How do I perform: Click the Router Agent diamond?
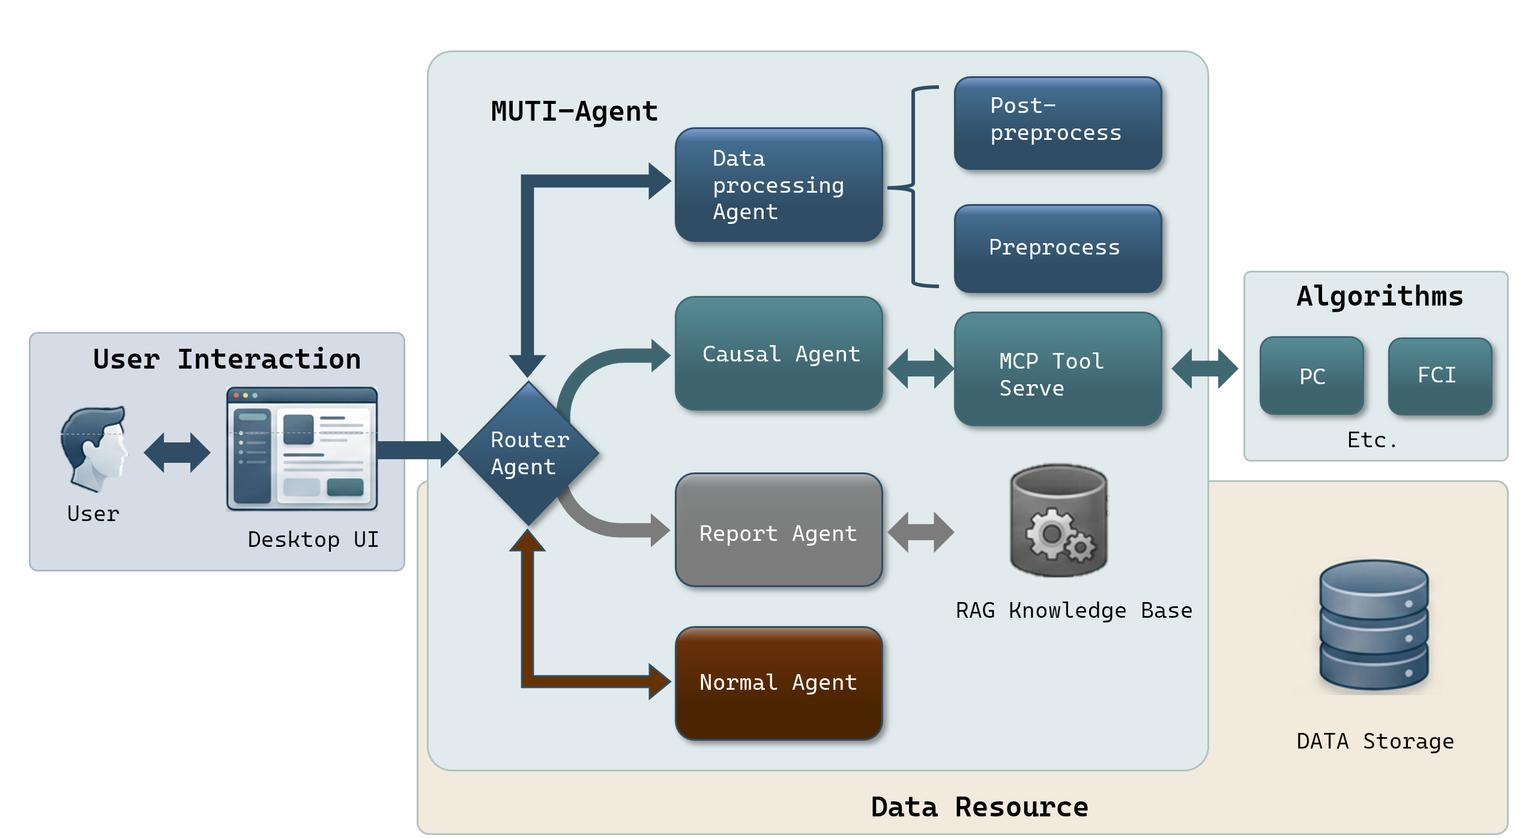[x=528, y=454]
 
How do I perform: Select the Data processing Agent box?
[x=779, y=185]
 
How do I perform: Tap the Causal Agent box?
[x=779, y=354]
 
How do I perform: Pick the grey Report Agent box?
[x=779, y=530]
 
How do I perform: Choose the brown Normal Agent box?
[x=779, y=683]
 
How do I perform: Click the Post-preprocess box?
[x=1058, y=123]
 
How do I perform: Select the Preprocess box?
[x=1058, y=249]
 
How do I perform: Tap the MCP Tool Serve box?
[x=1058, y=369]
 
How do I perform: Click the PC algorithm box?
[x=1312, y=376]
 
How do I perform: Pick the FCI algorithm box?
[x=1440, y=376]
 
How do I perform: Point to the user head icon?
[x=94, y=448]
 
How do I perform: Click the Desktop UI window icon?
[x=302, y=448]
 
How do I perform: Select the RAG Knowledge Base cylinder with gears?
[x=1058, y=520]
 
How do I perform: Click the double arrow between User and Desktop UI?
[x=177, y=453]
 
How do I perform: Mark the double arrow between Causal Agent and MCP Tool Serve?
[x=920, y=369]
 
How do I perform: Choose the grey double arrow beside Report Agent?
[x=920, y=532]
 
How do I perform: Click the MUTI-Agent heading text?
[x=574, y=111]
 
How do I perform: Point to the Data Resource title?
[x=979, y=807]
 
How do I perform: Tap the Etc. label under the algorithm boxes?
[x=1371, y=440]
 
